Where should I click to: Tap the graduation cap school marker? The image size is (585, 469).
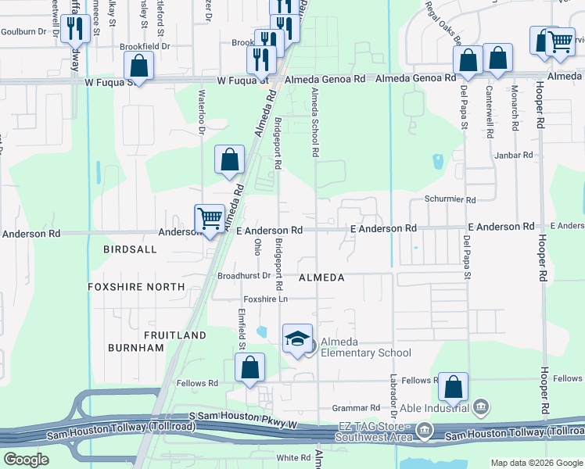(x=297, y=339)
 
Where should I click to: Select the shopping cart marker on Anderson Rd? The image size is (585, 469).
(x=210, y=219)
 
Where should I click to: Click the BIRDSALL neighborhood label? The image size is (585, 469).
(x=130, y=249)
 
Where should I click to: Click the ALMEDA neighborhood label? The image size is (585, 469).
(x=321, y=277)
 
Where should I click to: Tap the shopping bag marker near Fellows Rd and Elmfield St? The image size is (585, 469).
(x=249, y=367)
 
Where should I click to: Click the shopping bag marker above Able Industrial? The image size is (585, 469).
(x=454, y=387)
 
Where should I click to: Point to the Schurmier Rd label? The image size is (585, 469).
(x=450, y=200)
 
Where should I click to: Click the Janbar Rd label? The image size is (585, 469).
(x=512, y=156)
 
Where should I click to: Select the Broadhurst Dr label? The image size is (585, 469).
(x=244, y=276)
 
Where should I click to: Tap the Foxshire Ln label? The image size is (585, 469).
(x=266, y=299)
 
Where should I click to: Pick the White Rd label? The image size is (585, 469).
(x=294, y=457)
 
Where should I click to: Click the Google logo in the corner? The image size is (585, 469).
(x=26, y=459)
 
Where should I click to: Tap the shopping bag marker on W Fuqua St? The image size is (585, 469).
(x=138, y=66)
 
